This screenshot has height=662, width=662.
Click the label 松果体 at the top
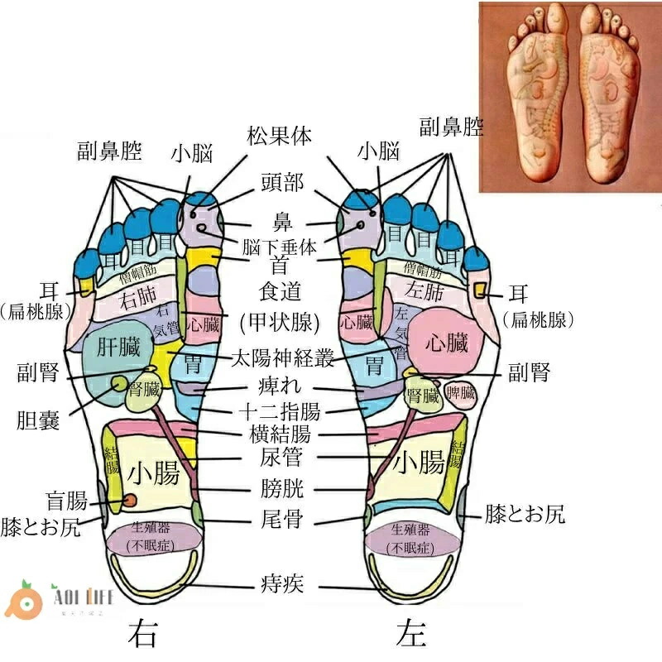coord(279,137)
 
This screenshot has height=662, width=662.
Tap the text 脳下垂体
coord(280,247)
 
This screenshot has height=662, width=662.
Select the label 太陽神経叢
coord(282,359)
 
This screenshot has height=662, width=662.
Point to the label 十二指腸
coord(280,412)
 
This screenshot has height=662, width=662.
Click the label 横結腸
coord(280,434)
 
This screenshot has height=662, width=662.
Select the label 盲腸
coord(66,501)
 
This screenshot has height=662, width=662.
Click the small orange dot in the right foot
coord(130,500)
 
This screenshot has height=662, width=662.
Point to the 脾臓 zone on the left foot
coord(460,393)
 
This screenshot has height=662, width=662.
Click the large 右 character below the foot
coord(142,634)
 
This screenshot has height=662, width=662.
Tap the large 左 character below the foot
coord(410,634)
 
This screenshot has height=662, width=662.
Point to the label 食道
coord(279,292)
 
